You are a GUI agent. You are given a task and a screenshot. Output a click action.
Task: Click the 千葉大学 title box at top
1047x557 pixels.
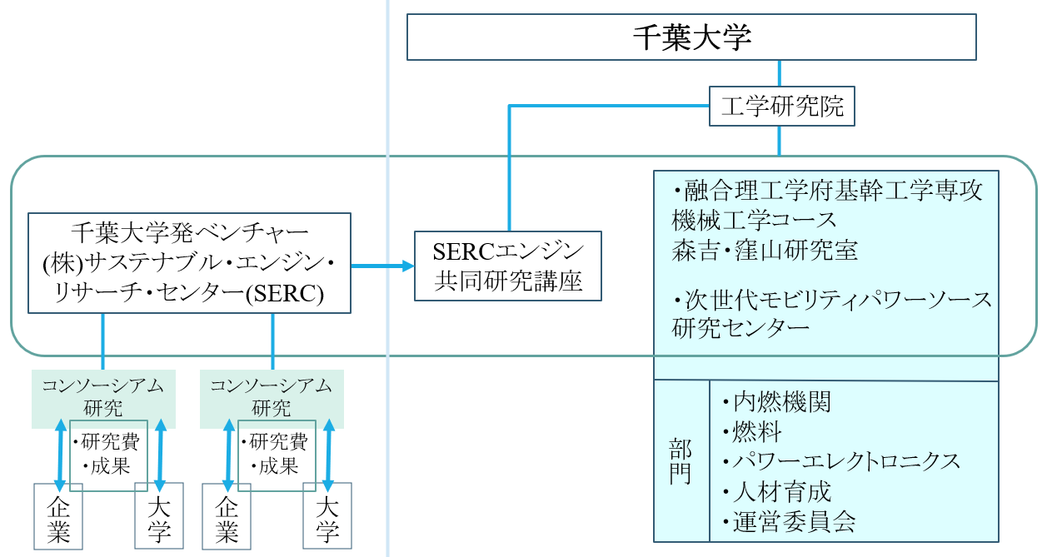coord(691,37)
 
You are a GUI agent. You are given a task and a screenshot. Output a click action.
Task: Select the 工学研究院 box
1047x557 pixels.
coord(782,107)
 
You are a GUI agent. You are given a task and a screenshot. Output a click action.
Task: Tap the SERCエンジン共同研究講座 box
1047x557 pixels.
coord(507,266)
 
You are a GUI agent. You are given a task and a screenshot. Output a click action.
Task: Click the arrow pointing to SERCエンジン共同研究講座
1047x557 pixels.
coord(382,266)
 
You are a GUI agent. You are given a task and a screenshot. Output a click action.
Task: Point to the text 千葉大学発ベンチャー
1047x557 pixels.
coord(189,230)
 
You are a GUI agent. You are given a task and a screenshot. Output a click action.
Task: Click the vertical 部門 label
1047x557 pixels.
coord(681,462)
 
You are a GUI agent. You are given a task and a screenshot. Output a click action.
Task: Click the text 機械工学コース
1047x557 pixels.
coord(754,221)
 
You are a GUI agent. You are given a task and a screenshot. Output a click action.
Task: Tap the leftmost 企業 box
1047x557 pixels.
coord(58,517)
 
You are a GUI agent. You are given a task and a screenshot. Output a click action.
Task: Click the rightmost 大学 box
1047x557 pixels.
coord(327,519)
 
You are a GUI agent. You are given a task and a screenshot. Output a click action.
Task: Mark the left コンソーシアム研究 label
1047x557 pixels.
coord(103,396)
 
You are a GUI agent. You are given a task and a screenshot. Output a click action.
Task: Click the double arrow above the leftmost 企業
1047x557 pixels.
coord(59,454)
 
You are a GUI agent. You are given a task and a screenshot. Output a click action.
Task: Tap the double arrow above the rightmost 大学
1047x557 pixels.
coord(327,454)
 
